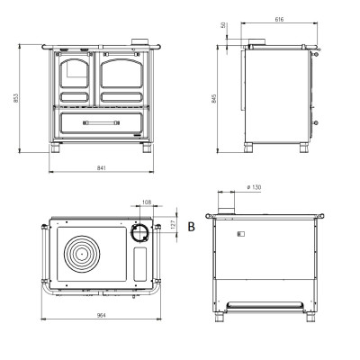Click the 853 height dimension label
tap(16, 98)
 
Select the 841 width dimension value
tap(102, 168)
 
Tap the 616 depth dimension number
tap(279, 20)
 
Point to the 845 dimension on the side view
tap(214, 98)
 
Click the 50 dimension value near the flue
tap(223, 25)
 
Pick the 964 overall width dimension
tap(102, 315)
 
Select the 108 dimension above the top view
tap(147, 202)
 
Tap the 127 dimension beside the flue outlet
tap(173, 224)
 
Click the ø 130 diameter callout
tap(254, 187)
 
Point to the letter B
tap(191, 227)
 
